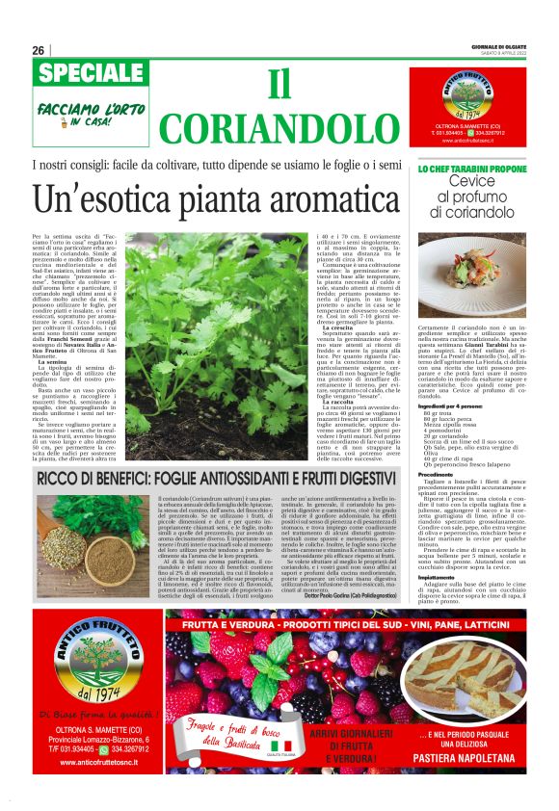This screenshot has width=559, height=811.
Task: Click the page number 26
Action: coord(38,50)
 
